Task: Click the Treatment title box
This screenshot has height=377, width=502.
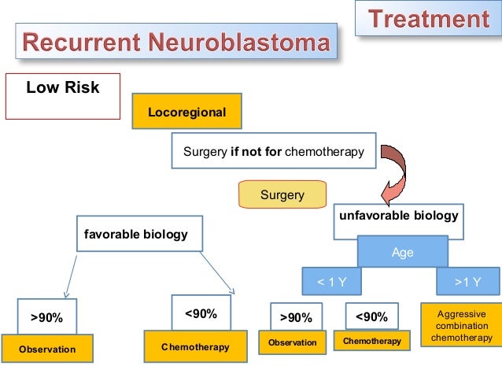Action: click(x=430, y=18)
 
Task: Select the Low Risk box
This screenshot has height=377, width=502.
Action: click(x=63, y=96)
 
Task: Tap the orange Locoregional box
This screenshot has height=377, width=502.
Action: click(x=186, y=113)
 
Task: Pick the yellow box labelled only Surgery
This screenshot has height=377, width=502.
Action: click(x=282, y=195)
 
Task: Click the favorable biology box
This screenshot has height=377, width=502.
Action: click(x=137, y=235)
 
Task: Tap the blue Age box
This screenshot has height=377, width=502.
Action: click(x=402, y=253)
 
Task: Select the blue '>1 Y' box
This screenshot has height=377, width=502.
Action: click(x=468, y=282)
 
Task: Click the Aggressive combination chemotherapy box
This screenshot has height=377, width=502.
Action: click(x=461, y=326)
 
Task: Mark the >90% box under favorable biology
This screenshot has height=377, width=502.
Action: click(x=47, y=317)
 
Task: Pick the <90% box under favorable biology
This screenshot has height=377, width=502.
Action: click(x=201, y=313)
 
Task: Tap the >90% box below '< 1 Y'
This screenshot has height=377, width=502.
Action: click(x=296, y=318)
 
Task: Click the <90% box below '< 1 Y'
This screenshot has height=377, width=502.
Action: click(x=371, y=317)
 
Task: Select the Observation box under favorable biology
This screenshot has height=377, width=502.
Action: click(x=47, y=349)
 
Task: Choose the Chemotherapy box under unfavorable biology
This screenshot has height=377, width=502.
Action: click(x=372, y=342)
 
